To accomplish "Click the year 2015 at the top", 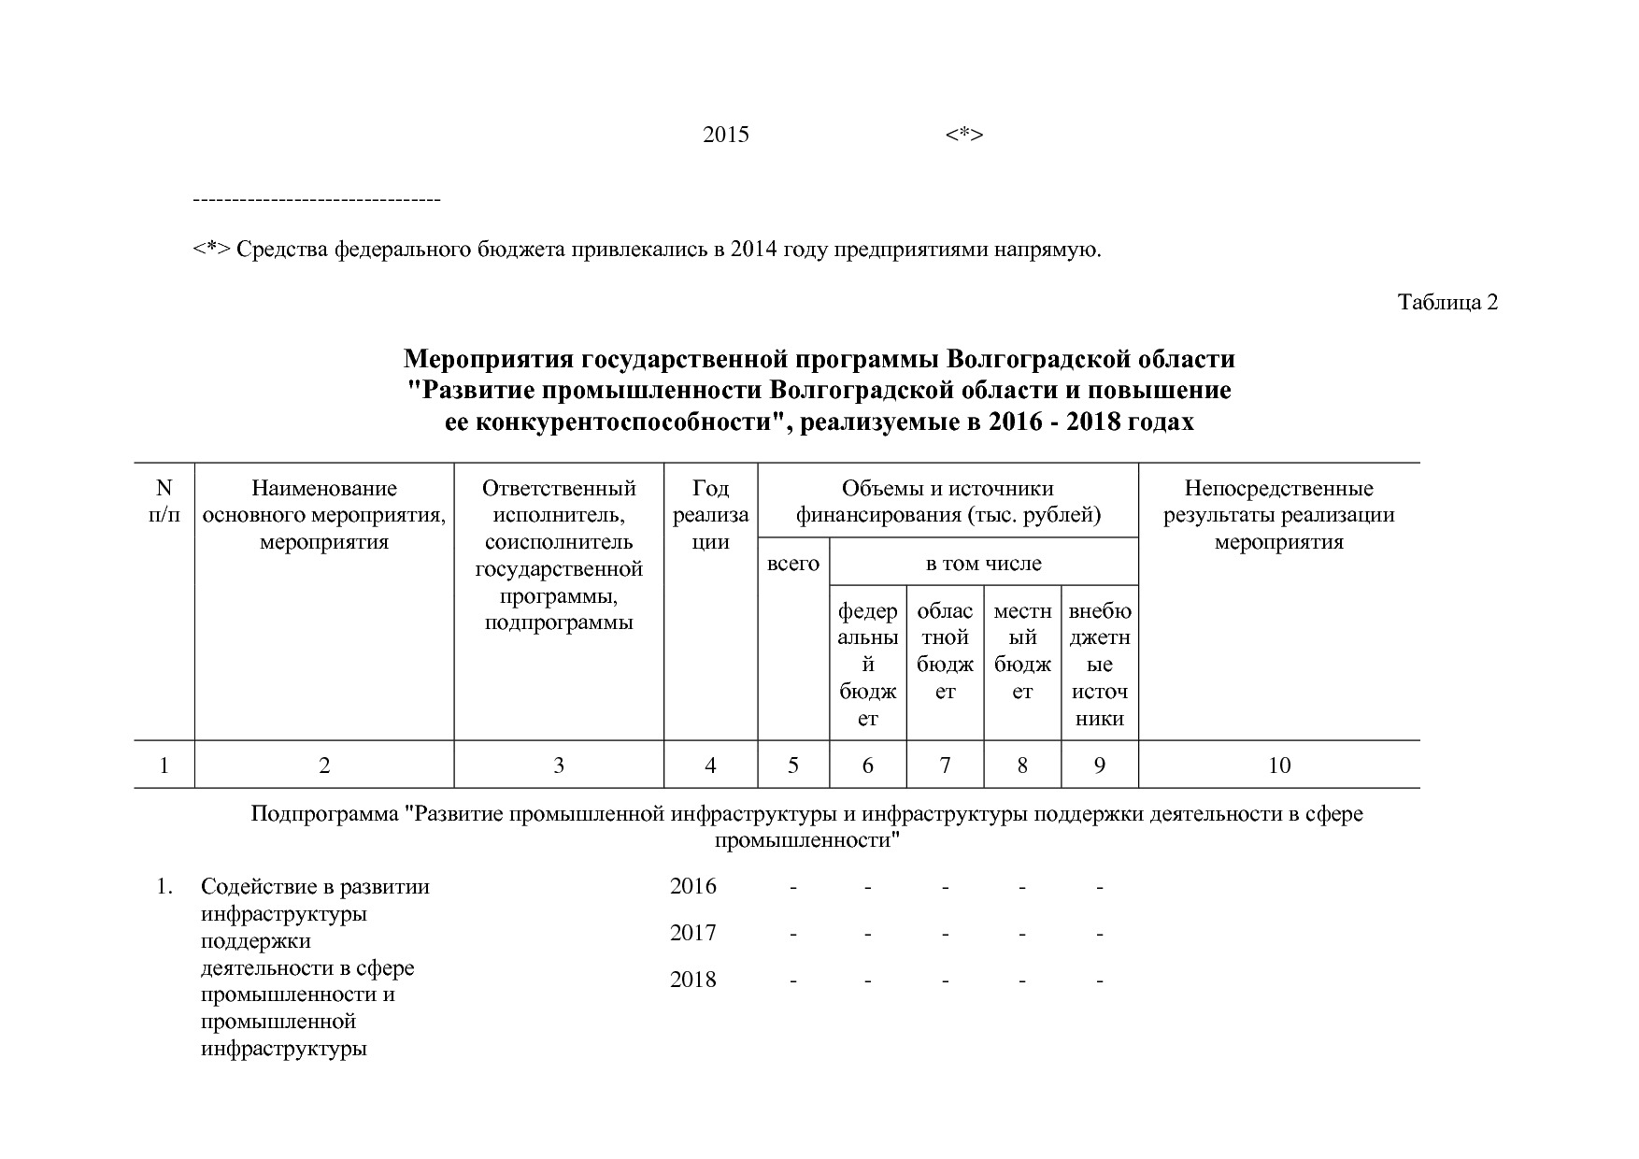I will [x=725, y=135].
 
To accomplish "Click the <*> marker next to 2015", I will [x=963, y=135].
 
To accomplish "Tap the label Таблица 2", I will [x=1447, y=302].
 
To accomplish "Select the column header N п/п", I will [x=164, y=501].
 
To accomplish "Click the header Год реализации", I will [x=710, y=515].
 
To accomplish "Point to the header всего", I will [x=792, y=564].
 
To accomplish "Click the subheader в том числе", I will [x=983, y=564].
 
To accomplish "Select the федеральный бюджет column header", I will [x=867, y=665].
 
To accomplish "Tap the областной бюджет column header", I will [x=945, y=651].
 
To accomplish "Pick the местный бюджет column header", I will [x=1022, y=651].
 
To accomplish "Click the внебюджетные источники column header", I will [x=1100, y=665].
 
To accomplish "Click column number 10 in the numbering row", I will [x=1278, y=766].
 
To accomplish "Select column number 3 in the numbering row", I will [x=558, y=766].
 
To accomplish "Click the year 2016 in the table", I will [x=692, y=886].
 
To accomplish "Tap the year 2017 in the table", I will [x=692, y=933].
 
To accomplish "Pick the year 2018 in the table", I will [x=692, y=980].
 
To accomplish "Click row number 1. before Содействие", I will [x=164, y=886].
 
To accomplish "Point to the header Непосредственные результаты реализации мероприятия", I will [x=1278, y=515].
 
